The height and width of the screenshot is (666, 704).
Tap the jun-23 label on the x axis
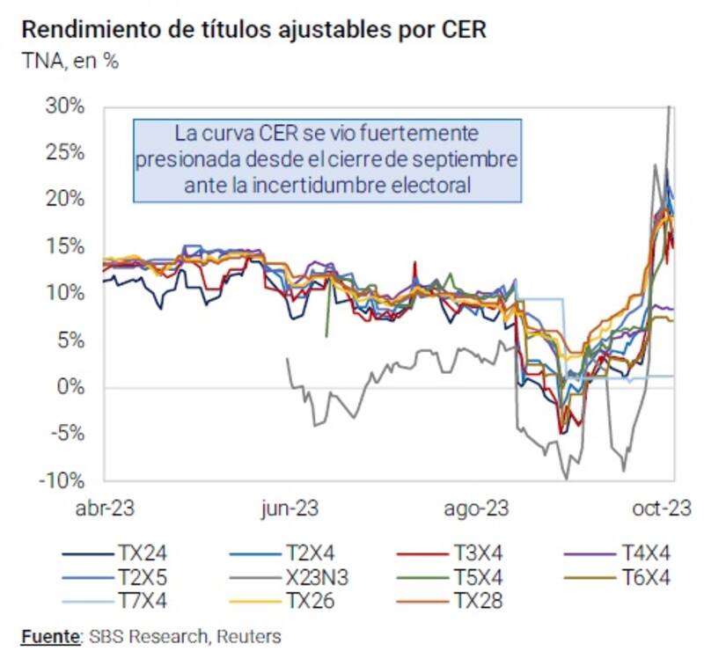pyautogui.click(x=289, y=509)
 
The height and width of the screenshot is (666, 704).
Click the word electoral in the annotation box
pyautogui.click(x=430, y=186)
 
